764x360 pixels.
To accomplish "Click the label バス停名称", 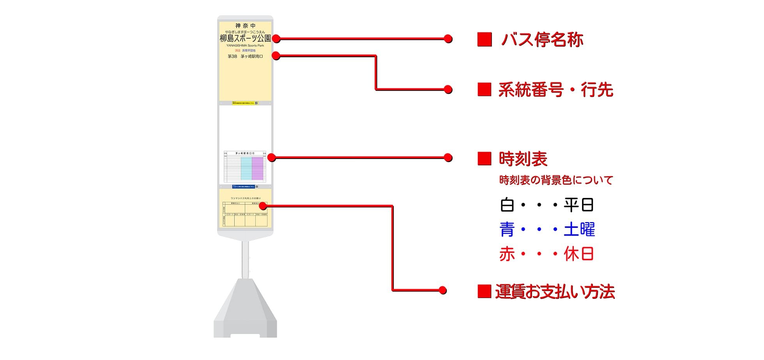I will click(x=542, y=40).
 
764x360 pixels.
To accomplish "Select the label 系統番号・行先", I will click(x=555, y=90).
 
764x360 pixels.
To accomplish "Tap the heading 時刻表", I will click(x=523, y=159).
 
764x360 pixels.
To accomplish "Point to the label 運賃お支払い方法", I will click(x=555, y=292).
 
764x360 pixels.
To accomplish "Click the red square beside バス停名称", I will click(x=485, y=40).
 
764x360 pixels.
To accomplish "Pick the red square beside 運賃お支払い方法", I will click(x=484, y=291).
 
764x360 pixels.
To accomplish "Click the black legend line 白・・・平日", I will click(x=546, y=205).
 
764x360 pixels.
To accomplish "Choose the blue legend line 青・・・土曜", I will click(x=547, y=229).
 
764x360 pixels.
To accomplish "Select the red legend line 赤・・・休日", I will click(x=546, y=254).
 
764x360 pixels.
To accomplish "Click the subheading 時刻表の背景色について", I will click(x=556, y=180).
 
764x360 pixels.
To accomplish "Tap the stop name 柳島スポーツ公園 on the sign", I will click(x=245, y=38).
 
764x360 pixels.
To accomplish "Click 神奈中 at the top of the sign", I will click(x=245, y=26).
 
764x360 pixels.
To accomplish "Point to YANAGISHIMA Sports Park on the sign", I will click(x=245, y=46).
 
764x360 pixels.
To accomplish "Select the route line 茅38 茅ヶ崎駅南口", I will click(x=245, y=56).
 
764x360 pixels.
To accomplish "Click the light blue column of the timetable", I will click(x=246, y=168).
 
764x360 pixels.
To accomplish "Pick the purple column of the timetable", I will click(x=258, y=168).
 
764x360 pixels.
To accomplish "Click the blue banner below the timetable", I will click(x=244, y=187).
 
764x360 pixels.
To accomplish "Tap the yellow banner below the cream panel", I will click(x=243, y=103).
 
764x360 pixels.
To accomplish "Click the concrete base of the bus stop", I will click(x=245, y=312).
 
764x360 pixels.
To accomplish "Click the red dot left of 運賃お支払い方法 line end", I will click(x=442, y=290).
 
